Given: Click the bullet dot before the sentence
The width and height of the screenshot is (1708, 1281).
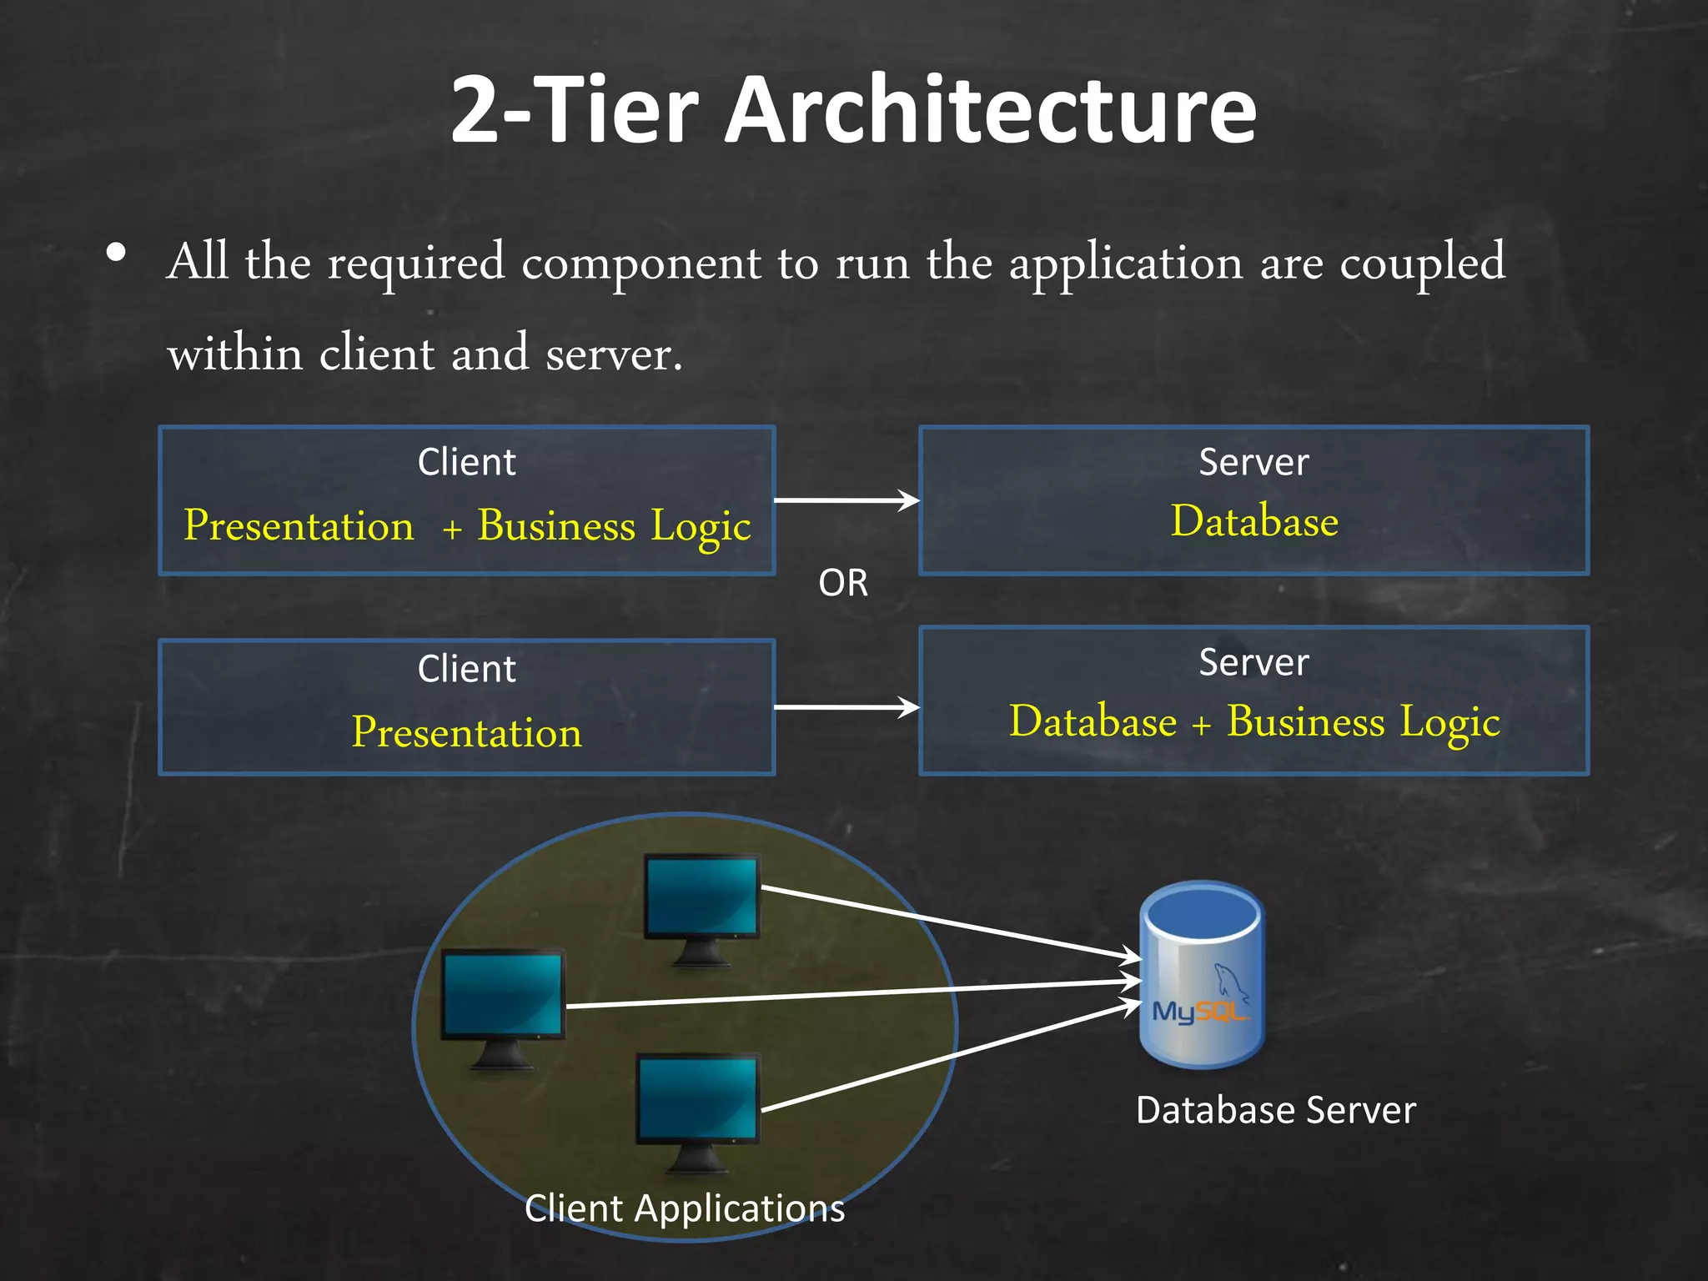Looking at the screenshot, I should (x=117, y=252).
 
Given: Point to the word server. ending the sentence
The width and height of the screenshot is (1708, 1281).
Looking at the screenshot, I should (x=614, y=354).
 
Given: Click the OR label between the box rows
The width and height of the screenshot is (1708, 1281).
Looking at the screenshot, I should (x=843, y=583).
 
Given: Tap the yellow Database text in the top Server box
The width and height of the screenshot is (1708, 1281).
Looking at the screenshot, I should (x=1253, y=521).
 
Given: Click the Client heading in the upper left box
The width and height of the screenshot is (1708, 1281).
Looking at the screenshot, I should (x=466, y=462).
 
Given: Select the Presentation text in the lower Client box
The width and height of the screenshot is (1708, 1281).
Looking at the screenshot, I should (x=466, y=732).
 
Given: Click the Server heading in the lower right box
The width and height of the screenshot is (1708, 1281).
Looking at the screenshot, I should (x=1253, y=662).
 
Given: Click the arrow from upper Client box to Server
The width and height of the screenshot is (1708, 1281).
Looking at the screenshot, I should (x=846, y=500).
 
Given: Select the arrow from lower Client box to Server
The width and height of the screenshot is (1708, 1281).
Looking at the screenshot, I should (x=846, y=707).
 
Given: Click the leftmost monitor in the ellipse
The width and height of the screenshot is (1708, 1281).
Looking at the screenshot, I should (x=502, y=997).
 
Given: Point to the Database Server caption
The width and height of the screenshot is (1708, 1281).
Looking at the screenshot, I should (x=1275, y=1111).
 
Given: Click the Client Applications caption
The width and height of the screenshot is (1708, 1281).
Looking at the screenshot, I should (x=685, y=1208).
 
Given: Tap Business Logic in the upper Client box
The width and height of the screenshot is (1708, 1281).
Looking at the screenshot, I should (x=614, y=527).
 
